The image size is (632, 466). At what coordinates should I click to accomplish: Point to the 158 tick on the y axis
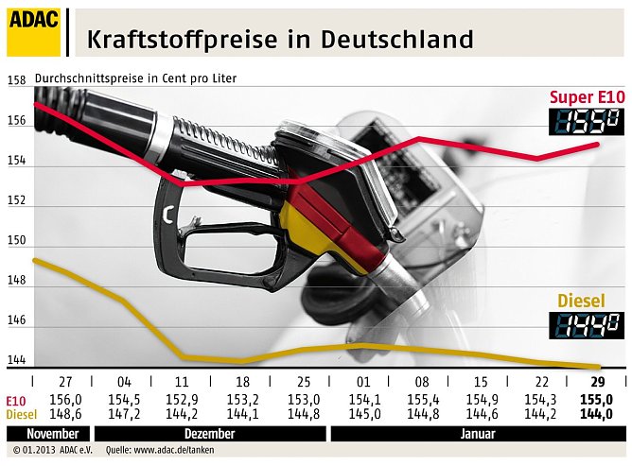click(16, 81)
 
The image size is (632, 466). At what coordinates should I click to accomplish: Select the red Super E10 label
click(588, 98)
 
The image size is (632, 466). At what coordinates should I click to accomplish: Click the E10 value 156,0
click(65, 400)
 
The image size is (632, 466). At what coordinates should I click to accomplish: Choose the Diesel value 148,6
click(65, 413)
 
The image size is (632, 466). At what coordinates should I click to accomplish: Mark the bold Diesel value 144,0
click(596, 413)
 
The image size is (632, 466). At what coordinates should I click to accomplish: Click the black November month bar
click(35, 433)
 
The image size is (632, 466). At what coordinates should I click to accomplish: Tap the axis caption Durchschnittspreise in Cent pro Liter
click(135, 78)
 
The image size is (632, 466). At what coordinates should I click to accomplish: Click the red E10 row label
click(15, 400)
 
